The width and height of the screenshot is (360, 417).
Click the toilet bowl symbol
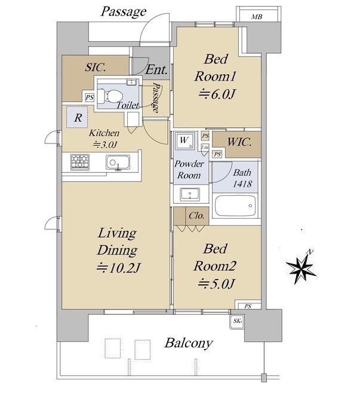coord(110,96)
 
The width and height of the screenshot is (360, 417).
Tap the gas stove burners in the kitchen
coord(80,162)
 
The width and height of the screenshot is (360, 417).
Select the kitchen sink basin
coord(118,162)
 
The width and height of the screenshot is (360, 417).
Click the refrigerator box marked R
coord(77,117)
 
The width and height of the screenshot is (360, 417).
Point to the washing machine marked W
coord(184,140)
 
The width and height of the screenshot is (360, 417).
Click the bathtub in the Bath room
coord(235,206)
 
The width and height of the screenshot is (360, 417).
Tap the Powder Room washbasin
coord(190,194)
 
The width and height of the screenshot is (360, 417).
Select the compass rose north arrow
coord(301,267)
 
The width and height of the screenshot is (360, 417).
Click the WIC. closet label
coord(239,142)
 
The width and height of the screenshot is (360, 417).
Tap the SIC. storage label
coord(96,67)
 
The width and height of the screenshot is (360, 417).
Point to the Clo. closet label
coord(196,216)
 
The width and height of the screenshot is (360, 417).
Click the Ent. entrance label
coord(157,70)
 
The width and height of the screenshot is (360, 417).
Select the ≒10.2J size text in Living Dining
coord(118,268)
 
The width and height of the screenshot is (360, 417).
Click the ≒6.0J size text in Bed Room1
coord(217,94)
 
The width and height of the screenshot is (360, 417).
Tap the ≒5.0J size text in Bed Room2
coord(216,284)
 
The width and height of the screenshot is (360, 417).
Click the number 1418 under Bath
coord(242,184)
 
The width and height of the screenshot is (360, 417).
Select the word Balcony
coord(189,344)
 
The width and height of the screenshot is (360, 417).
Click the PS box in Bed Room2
coord(248,305)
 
